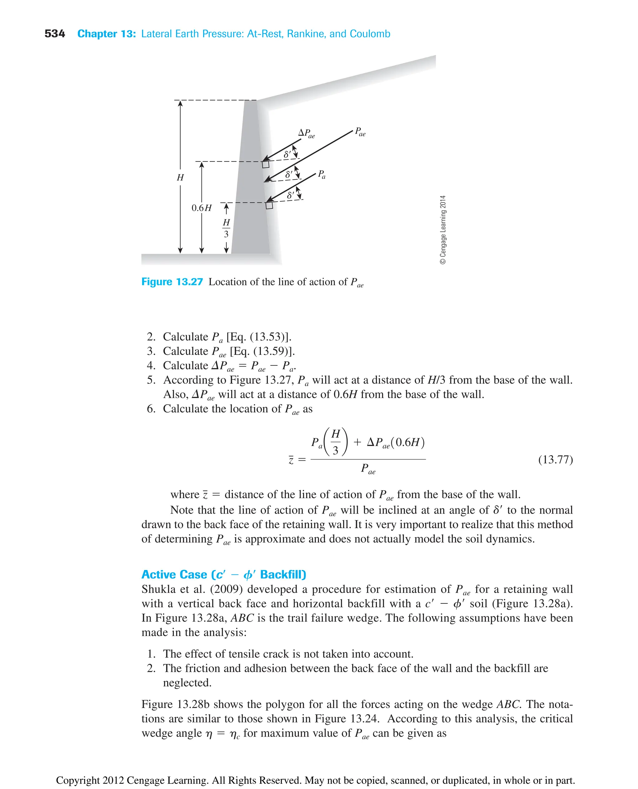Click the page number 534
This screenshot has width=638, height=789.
(55, 34)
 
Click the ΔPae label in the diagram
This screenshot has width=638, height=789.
(306, 133)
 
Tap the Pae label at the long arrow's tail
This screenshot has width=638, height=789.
(360, 132)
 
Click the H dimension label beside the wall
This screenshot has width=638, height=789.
(180, 178)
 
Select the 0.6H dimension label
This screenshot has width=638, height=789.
(201, 208)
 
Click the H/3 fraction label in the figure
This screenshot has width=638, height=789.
(226, 228)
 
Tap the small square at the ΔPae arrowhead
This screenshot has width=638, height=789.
(265, 164)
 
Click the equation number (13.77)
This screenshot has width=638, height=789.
(555, 459)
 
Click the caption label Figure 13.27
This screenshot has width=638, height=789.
(172, 282)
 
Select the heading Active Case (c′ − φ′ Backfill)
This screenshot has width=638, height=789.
(223, 574)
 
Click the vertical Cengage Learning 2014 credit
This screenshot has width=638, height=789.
(443, 229)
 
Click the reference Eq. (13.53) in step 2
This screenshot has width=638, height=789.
(259, 337)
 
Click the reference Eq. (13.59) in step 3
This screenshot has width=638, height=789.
(262, 351)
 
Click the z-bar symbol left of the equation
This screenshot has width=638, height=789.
(291, 460)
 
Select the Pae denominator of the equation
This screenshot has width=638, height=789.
(368, 468)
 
